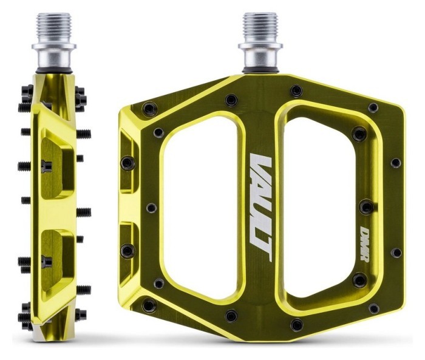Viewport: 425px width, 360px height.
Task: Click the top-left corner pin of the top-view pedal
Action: coord(146,109)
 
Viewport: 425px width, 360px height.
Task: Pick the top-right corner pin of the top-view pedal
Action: coord(373,107)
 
